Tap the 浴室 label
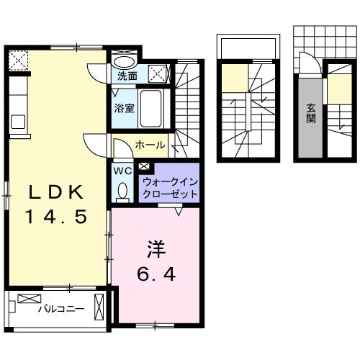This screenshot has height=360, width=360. point(123,109)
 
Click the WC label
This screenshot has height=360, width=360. point(121,171)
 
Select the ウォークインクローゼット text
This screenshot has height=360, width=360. point(170,188)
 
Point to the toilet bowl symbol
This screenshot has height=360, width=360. point(122,190)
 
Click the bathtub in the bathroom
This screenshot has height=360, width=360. point(152,108)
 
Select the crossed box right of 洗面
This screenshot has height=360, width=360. point(158,73)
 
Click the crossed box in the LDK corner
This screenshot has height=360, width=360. point(17,58)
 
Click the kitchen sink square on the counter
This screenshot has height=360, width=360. point(17,120)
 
